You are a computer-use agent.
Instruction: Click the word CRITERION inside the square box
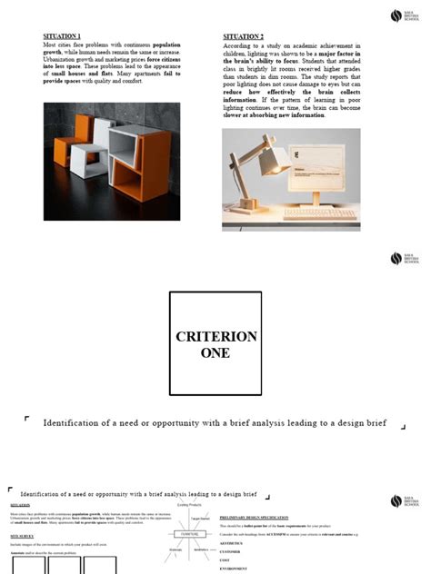pos(215,336)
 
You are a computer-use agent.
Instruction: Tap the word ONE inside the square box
pos(215,353)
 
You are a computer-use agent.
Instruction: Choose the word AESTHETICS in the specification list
pos(235,543)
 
